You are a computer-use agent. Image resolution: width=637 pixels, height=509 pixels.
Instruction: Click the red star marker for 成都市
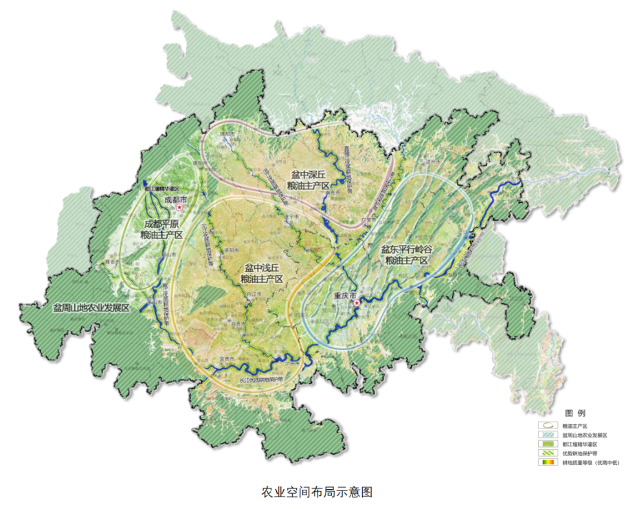(180, 206)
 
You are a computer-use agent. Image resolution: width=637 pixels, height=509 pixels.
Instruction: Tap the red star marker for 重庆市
(357, 303)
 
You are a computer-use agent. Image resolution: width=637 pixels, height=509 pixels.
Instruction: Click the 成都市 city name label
(176, 199)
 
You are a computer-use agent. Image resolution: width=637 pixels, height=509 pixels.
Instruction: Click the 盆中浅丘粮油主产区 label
(262, 273)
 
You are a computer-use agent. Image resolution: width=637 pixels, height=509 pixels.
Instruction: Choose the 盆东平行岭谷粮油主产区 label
(406, 256)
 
